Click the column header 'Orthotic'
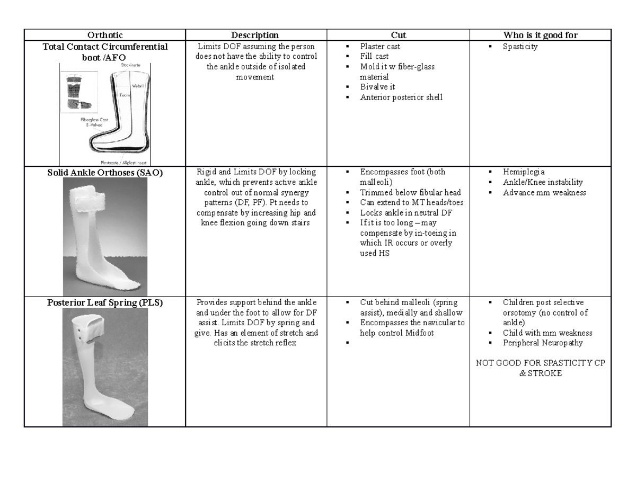104,35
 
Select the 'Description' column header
255,35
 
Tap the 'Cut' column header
398,35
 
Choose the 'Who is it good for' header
540,35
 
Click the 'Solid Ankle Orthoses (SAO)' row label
104,172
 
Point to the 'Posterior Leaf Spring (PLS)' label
104,303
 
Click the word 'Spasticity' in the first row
520,47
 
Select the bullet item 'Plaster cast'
380,47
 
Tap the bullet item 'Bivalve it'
377,87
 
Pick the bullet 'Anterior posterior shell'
401,97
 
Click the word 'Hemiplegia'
523,172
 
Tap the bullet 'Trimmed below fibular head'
410,192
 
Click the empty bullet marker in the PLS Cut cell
347,343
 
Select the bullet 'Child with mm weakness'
547,333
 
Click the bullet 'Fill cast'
374,57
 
